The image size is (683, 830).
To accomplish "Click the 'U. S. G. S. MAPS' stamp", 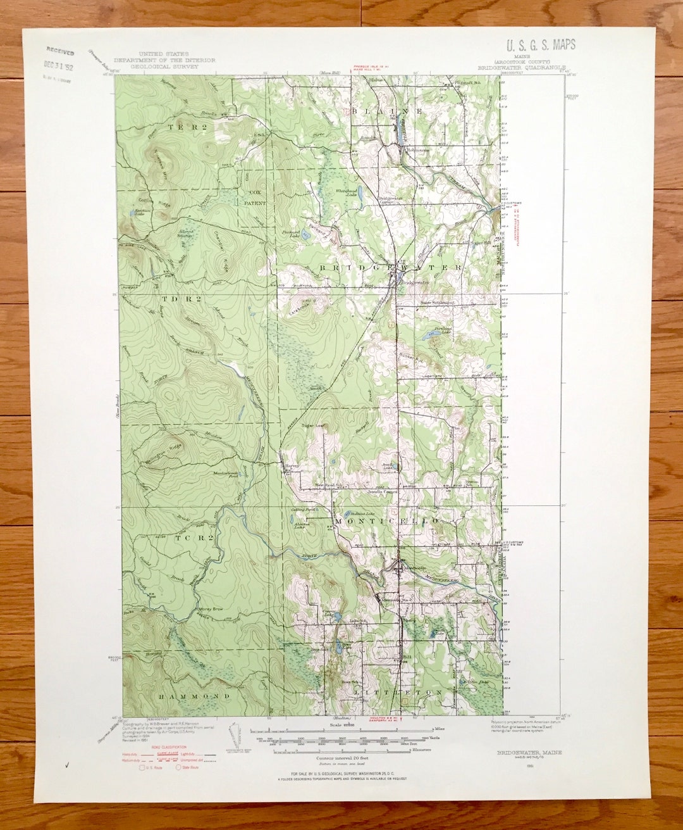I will (x=540, y=45).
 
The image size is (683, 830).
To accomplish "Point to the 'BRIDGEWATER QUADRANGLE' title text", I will (x=518, y=68).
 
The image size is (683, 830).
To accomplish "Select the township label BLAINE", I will (x=383, y=111).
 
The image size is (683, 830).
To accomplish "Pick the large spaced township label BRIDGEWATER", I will (x=390, y=268).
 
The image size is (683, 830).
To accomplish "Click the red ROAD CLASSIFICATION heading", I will (x=143, y=748).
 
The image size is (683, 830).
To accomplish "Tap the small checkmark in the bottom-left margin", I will (x=67, y=765).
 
